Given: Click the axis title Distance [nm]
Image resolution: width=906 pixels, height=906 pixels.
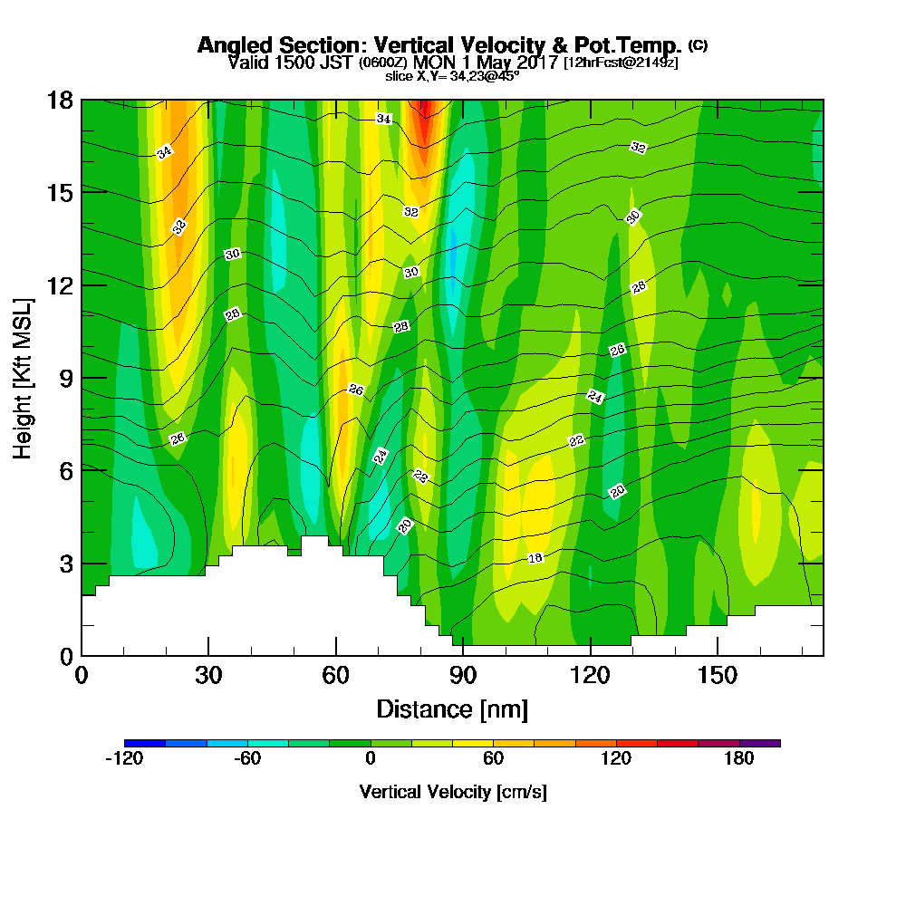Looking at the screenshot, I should (452, 708).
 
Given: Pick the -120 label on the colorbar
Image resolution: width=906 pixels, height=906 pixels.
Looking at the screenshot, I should (124, 759).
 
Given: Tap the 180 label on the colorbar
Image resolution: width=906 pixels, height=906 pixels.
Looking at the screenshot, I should (739, 759).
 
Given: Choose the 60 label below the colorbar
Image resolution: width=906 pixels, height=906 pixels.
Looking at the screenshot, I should (493, 759).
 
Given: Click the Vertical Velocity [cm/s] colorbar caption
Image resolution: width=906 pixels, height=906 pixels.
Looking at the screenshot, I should (452, 792).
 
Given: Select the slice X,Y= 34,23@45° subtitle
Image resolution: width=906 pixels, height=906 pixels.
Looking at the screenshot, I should (452, 76).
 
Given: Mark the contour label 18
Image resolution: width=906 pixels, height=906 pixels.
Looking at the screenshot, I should (535, 558).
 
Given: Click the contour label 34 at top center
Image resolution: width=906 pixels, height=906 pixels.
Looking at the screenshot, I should (384, 119).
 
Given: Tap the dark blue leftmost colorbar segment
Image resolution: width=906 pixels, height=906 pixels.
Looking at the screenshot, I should (145, 743).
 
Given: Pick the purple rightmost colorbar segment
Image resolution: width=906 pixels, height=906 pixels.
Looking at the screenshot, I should (759, 743).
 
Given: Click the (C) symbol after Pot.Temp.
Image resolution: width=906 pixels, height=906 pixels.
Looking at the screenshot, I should (697, 44).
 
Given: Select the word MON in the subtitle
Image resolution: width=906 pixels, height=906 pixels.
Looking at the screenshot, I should (433, 63).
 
